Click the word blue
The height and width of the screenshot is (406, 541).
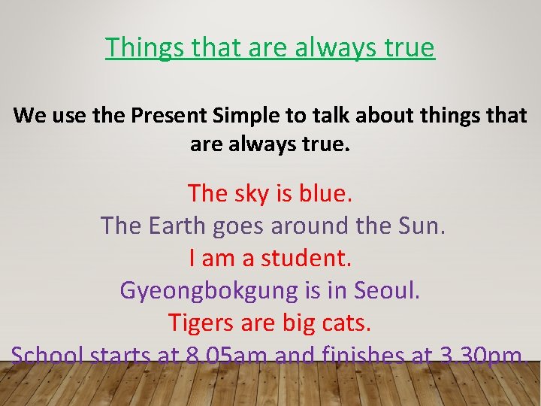[325, 193]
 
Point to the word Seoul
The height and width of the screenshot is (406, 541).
[387, 290]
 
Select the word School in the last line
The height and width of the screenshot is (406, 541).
[48, 355]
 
